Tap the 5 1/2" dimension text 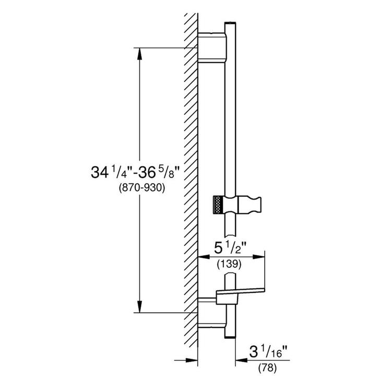[x=231, y=245]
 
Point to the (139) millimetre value [x=230, y=265]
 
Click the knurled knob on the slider [x=218, y=204]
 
